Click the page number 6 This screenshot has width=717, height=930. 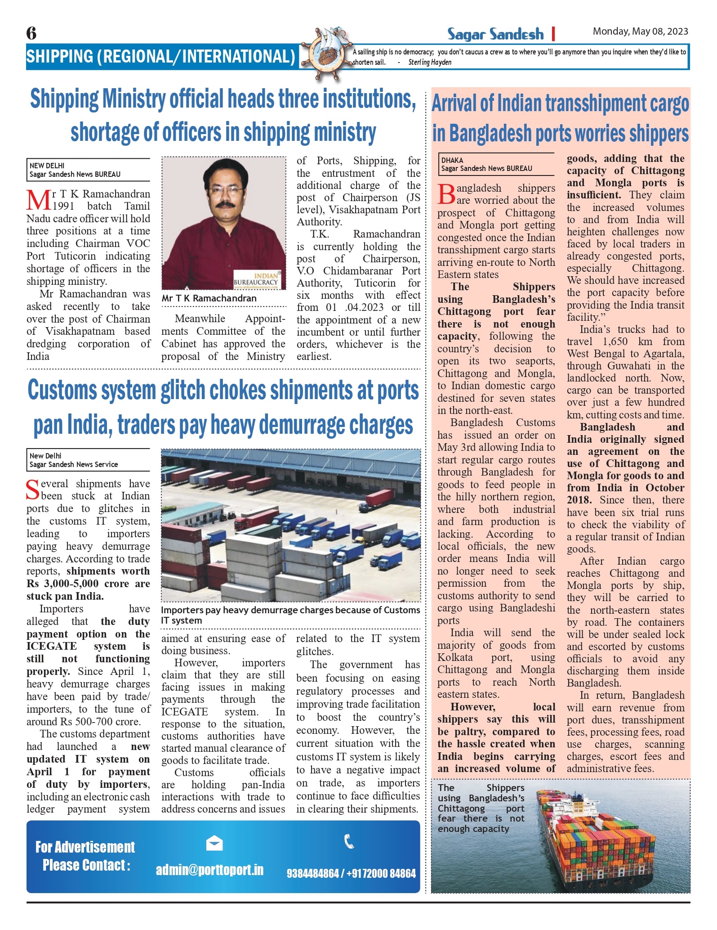point(31,33)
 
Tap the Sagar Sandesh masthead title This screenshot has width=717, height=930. point(495,34)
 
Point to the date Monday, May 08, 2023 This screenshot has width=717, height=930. point(640,31)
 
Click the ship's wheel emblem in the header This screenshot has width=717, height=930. point(325,53)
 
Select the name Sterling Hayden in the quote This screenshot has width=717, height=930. point(430,63)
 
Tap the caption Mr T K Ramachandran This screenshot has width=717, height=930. point(209,298)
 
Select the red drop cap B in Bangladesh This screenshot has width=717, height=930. point(446,194)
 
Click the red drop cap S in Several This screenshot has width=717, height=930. point(32,490)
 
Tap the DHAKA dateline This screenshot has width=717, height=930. point(452,160)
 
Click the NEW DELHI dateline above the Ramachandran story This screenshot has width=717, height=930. point(47,166)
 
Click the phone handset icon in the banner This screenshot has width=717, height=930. point(349,841)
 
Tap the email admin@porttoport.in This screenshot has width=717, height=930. point(209,870)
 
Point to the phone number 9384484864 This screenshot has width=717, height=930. point(312,873)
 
